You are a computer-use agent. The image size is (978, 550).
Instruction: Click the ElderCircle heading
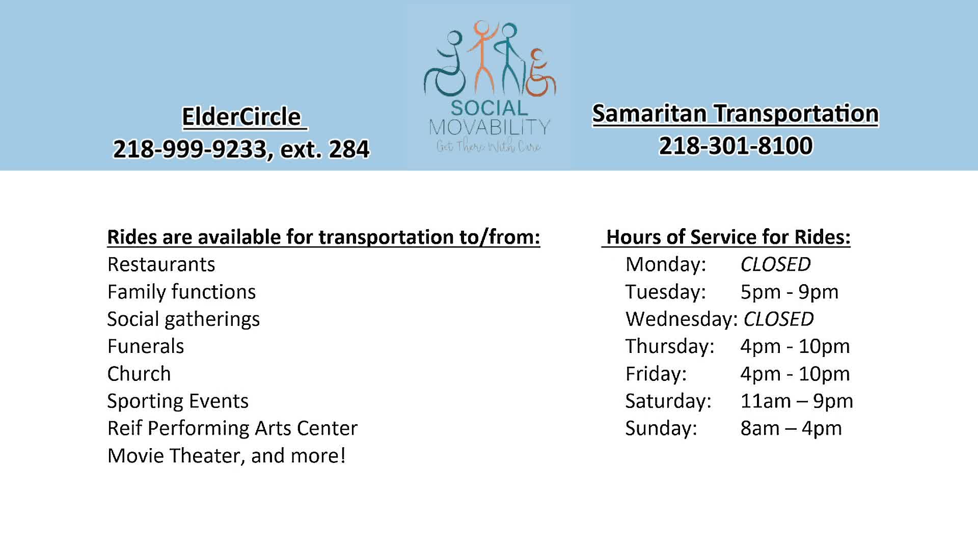(241, 117)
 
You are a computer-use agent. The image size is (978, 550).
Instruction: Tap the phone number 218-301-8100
(736, 146)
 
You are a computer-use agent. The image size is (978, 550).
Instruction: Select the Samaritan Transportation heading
(736, 114)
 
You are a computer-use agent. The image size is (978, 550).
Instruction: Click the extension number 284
(349, 149)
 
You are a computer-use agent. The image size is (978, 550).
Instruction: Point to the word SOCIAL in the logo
(490, 108)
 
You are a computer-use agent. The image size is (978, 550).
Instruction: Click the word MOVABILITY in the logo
(490, 127)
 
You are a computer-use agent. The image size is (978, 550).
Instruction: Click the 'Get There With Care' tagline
(488, 146)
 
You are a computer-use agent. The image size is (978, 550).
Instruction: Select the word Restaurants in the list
(161, 264)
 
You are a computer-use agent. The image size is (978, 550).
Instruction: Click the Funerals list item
(146, 346)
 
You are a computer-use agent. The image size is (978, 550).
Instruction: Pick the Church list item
(139, 374)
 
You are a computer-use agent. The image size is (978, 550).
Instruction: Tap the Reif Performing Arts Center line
(232, 428)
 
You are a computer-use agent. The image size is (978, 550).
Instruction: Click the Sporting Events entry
(178, 401)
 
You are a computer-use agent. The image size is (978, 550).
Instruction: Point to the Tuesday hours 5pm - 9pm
(789, 292)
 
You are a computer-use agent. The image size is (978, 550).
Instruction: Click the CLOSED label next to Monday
(775, 264)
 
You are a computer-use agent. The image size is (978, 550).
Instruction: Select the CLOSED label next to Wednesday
(778, 319)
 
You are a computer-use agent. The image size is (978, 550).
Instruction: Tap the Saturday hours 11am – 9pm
(797, 401)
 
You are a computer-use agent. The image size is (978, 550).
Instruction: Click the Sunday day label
(661, 428)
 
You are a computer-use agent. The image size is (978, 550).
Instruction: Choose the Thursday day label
(670, 346)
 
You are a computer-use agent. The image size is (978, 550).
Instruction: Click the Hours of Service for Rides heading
(728, 237)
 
